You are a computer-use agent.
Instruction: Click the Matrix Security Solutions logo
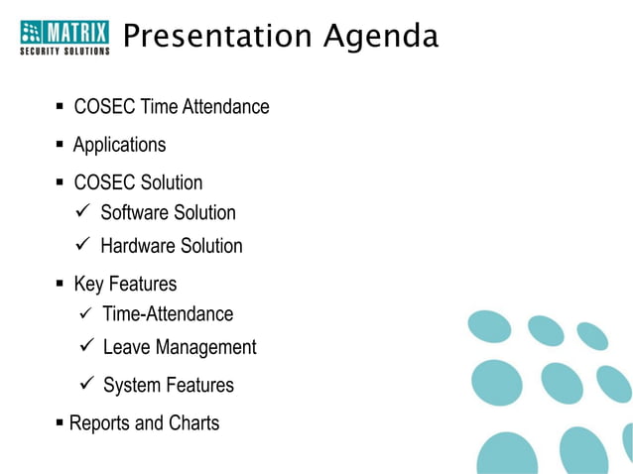click(65, 37)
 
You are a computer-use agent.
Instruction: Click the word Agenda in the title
click(381, 37)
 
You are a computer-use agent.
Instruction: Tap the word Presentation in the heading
click(216, 37)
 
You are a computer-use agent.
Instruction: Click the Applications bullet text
click(119, 145)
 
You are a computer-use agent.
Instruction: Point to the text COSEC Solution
click(138, 182)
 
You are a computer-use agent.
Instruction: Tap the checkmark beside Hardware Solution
click(83, 245)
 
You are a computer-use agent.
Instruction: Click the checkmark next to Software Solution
click(83, 211)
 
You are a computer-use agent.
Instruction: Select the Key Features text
click(125, 285)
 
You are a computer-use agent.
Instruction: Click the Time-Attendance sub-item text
click(168, 314)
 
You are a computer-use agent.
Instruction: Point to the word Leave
click(126, 347)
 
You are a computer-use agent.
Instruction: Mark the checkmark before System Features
click(85, 384)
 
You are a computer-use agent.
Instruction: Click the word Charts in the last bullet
click(193, 423)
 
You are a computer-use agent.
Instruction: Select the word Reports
click(101, 423)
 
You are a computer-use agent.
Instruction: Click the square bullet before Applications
click(61, 145)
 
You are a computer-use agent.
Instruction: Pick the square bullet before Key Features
click(61, 285)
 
